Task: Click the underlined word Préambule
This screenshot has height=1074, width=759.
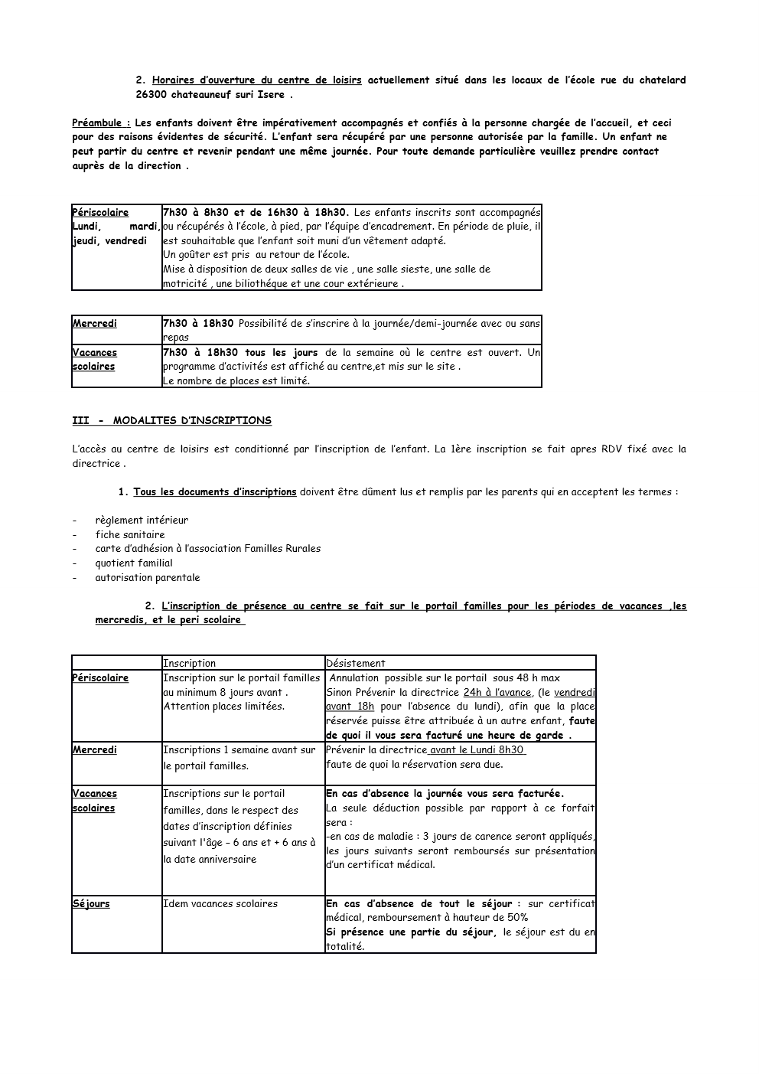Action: coord(100,122)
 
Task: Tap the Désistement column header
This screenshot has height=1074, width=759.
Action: coord(356,663)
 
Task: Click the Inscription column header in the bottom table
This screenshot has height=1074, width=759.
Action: coord(189,663)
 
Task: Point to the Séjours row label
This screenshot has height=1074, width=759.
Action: coord(91,903)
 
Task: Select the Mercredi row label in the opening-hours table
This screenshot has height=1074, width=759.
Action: coord(95,323)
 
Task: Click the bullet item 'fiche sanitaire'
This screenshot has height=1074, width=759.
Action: coord(129,534)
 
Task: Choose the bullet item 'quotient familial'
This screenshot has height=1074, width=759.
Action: coord(134,563)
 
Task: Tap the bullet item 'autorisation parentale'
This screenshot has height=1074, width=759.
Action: coord(147,577)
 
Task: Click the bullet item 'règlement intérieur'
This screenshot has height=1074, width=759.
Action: coord(142,520)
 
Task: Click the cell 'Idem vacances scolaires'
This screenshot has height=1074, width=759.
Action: coord(220,903)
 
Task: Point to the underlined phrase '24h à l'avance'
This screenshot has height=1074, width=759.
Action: coord(497,692)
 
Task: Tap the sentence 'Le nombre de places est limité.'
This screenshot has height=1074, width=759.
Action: coord(236,380)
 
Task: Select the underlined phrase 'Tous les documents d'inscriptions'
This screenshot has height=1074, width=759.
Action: coord(214,491)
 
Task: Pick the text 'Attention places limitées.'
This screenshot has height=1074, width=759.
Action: coord(223,706)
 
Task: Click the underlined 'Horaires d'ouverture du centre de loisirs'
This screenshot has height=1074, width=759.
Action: coord(256,80)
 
